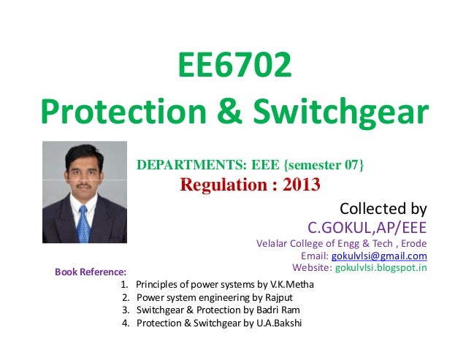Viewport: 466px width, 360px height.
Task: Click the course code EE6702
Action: (x=233, y=68)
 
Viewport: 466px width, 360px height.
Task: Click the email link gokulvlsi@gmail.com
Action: (x=379, y=256)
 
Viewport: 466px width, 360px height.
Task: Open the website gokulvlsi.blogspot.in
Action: (x=380, y=268)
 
